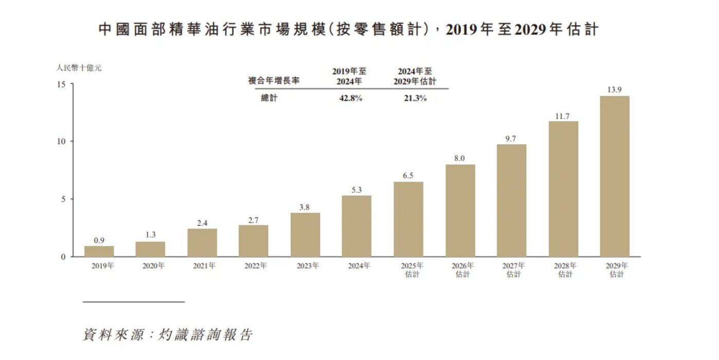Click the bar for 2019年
[99, 251]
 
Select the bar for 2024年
[357, 226]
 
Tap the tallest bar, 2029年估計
[615, 176]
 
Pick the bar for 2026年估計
[460, 210]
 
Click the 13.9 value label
[615, 89]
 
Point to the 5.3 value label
[357, 190]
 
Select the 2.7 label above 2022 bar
[253, 220]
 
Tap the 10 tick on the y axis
[61, 141]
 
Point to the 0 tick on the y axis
[63, 257]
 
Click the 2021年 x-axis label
[204, 266]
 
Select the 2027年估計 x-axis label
[513, 270]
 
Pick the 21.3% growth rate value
[415, 98]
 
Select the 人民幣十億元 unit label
[79, 67]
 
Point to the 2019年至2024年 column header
[349, 77]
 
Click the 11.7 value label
[563, 116]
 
